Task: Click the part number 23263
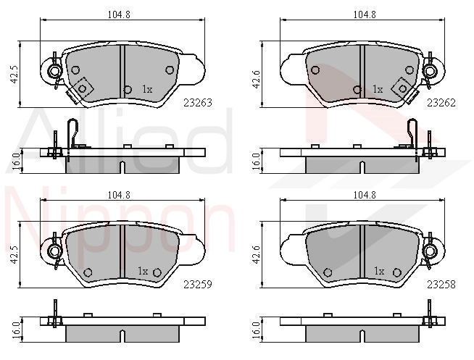[x=198, y=103]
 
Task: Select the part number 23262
[x=441, y=103]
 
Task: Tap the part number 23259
[x=198, y=284]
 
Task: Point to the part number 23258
[x=441, y=284]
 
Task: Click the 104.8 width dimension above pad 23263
[x=119, y=14]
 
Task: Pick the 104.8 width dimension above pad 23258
[x=365, y=195]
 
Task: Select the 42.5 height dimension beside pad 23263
[x=14, y=74]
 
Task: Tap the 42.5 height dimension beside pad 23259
[x=14, y=255]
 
